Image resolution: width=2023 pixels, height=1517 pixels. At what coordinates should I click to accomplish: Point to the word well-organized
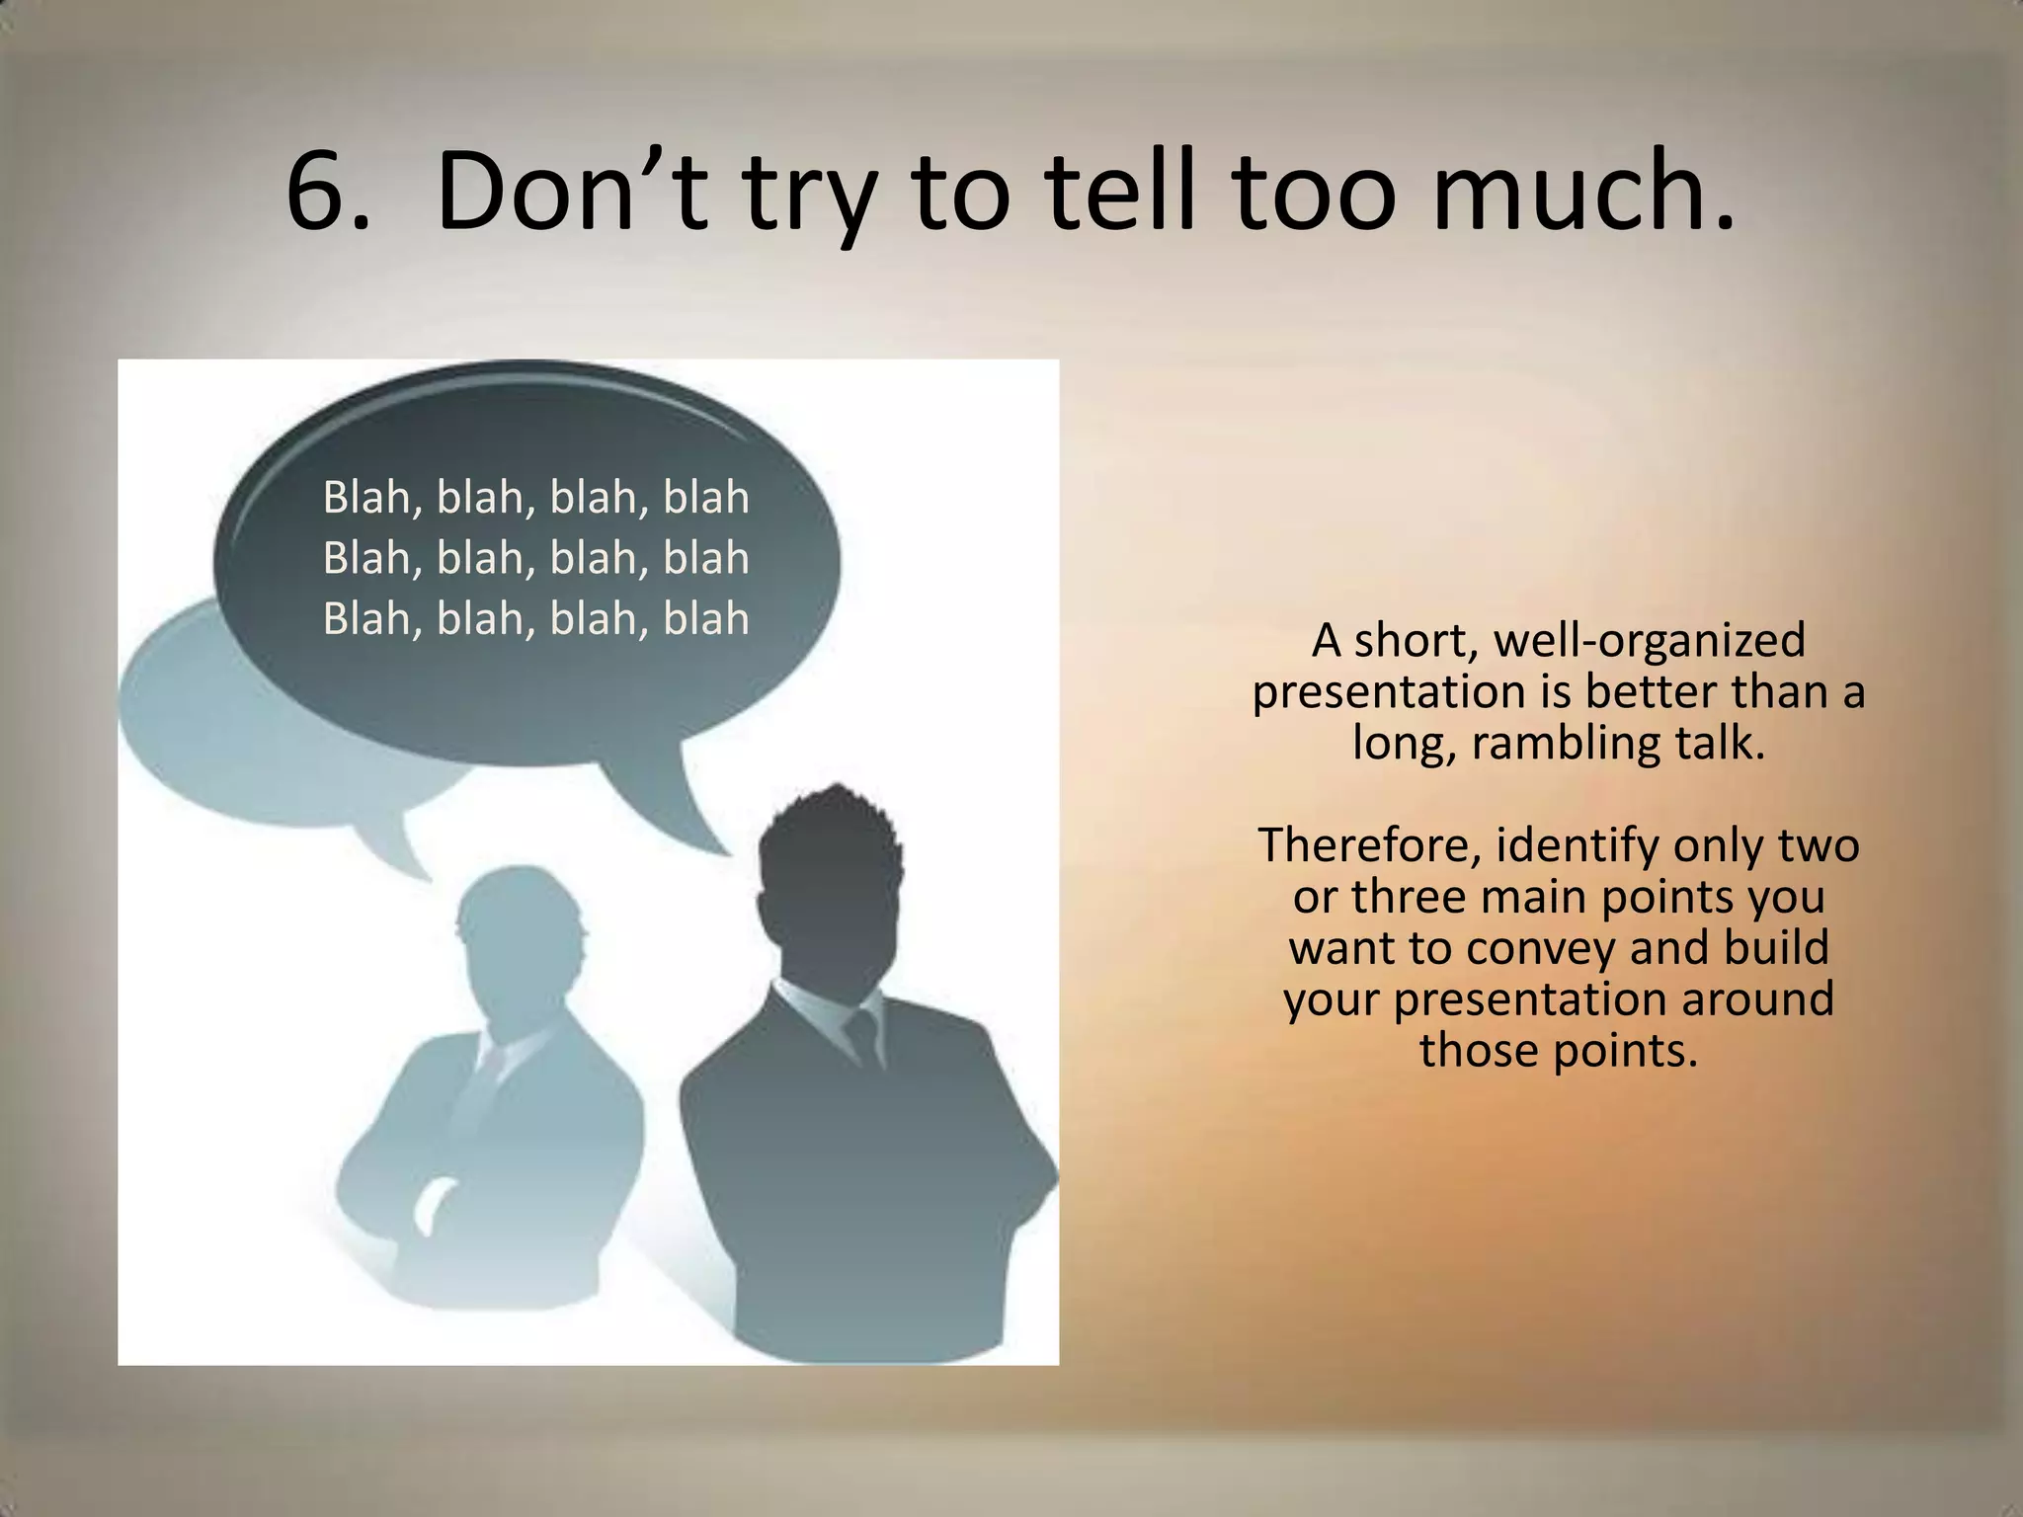pos(1650,642)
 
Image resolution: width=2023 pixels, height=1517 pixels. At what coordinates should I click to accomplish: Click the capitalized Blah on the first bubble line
pos(365,497)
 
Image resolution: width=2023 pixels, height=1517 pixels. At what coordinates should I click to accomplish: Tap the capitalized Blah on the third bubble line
pos(365,619)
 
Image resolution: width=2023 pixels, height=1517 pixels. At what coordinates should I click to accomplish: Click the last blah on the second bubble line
pos(705,558)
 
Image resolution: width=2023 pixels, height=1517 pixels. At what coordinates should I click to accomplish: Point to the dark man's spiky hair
pos(830,820)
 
